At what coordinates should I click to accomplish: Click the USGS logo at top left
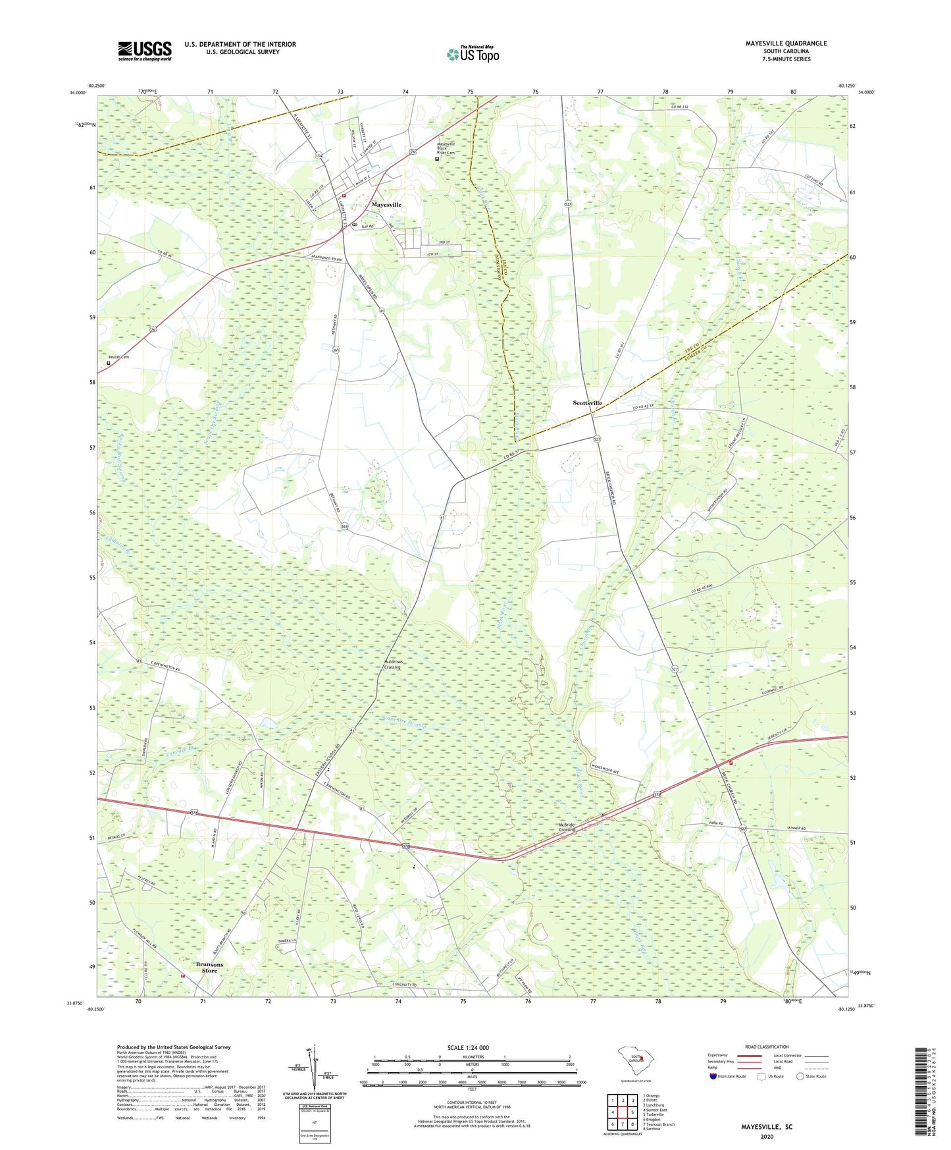tap(145, 51)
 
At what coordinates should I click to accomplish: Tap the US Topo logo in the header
tap(473, 54)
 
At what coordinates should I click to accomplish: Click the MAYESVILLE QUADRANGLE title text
tap(786, 43)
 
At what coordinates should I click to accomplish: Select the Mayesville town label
tap(386, 205)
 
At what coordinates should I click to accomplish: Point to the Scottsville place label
tap(587, 402)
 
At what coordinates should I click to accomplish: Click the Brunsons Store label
tap(209, 968)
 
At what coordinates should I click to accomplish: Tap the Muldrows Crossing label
tap(392, 664)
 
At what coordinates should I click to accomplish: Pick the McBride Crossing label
tap(567, 827)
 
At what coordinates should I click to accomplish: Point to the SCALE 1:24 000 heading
tap(468, 1047)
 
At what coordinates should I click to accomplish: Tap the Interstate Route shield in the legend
tap(714, 1076)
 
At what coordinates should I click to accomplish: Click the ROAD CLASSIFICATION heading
tap(767, 1047)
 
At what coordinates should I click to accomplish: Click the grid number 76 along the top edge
tap(535, 92)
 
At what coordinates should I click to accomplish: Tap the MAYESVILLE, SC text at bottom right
tap(767, 1127)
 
